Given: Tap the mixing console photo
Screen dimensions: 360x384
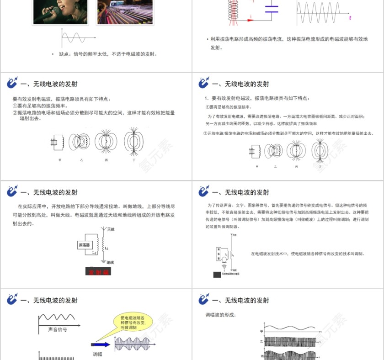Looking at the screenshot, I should pos(117,12).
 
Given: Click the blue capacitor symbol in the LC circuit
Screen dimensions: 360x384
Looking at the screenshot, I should pos(272,9).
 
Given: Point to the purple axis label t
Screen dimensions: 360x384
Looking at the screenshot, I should pos(350,18).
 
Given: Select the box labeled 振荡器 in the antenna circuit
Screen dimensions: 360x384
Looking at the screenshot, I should pos(85,244).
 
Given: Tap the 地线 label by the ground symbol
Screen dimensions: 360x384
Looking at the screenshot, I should pos(110,262).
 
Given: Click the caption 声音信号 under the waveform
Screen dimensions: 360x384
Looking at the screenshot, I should pos(58,329).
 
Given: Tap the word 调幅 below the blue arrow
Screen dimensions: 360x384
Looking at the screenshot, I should pos(98,354).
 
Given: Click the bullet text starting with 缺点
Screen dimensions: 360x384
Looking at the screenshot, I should pos(108,54).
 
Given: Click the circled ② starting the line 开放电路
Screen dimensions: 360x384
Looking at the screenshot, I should pos(205,133).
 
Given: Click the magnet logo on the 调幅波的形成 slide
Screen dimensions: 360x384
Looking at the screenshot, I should pos(203,300).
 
